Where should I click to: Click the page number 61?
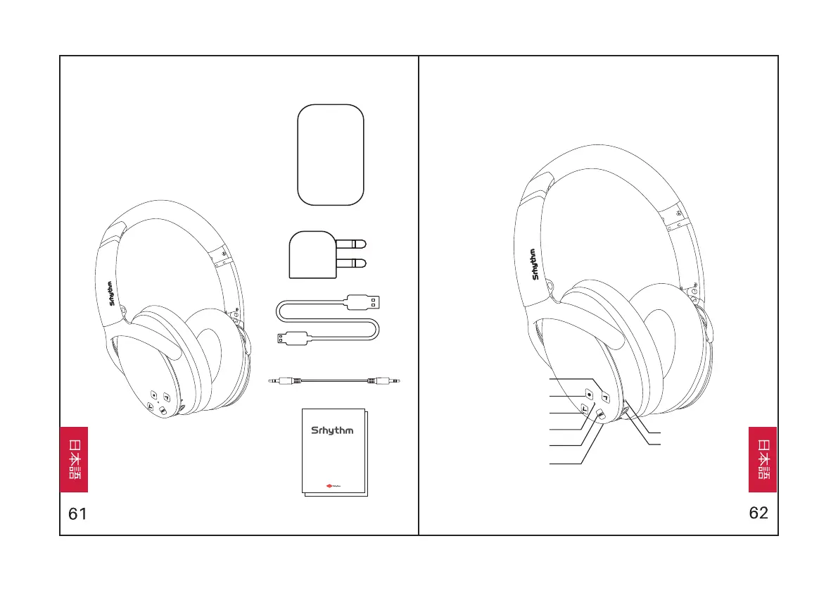coord(77,514)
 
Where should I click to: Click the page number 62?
coord(758,513)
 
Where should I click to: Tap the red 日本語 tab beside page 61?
coord(74,459)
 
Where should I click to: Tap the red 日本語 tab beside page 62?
coord(762,459)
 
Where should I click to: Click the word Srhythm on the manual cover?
coord(332,430)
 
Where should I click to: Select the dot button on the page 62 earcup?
coord(589,394)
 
